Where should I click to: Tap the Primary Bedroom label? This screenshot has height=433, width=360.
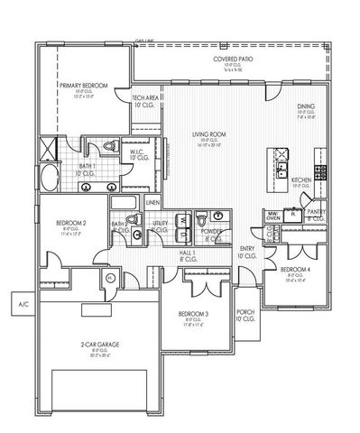tap(84, 85)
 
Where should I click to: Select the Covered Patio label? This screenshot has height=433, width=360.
tap(232, 60)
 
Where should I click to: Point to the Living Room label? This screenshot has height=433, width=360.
tap(206, 134)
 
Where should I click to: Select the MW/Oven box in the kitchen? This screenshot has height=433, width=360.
tap(271, 215)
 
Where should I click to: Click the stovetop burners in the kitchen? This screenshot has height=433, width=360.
tap(318, 169)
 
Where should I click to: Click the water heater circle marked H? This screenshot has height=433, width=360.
tap(110, 278)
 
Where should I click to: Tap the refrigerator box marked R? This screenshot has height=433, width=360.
tap(294, 216)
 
